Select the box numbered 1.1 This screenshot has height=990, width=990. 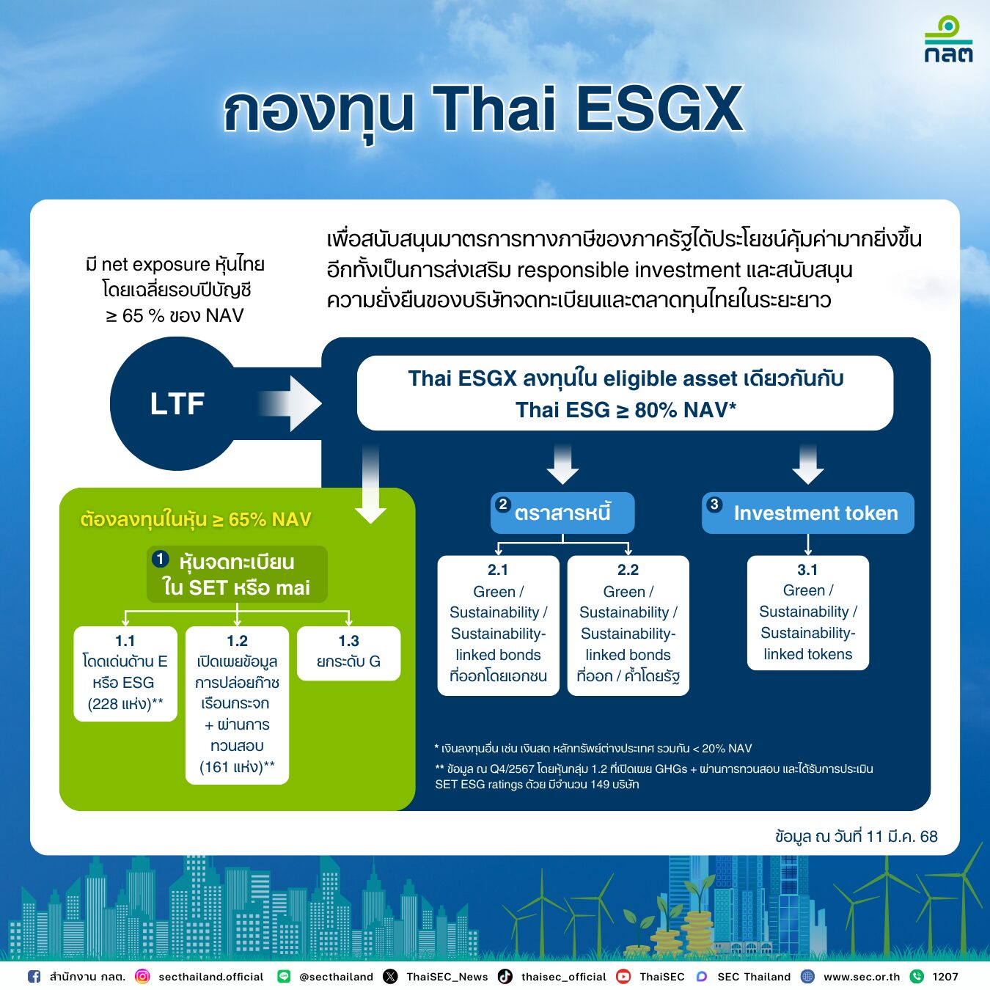[125, 673]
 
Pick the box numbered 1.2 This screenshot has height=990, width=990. [237, 705]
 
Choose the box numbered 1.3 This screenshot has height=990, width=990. [348, 653]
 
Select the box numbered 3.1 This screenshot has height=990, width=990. [807, 612]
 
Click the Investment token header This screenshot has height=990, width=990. [807, 513]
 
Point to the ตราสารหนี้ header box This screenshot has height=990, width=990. [562, 513]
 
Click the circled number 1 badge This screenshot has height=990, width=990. [161, 560]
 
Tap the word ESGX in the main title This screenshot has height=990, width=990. [660, 109]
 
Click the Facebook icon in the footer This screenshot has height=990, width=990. [34, 976]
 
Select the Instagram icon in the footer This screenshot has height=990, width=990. [143, 976]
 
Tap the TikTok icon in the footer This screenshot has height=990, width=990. [505, 976]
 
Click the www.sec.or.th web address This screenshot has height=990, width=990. [861, 977]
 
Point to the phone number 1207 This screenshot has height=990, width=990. [945, 977]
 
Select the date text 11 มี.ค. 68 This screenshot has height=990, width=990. [901, 836]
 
